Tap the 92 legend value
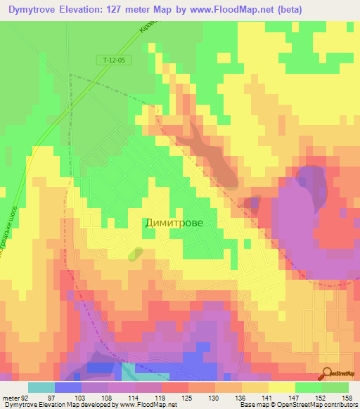tap(25, 397)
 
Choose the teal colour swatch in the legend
tap(41, 387)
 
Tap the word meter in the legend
tap(9, 397)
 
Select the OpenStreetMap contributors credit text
tap(321, 405)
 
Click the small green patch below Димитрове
tap(134, 254)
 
